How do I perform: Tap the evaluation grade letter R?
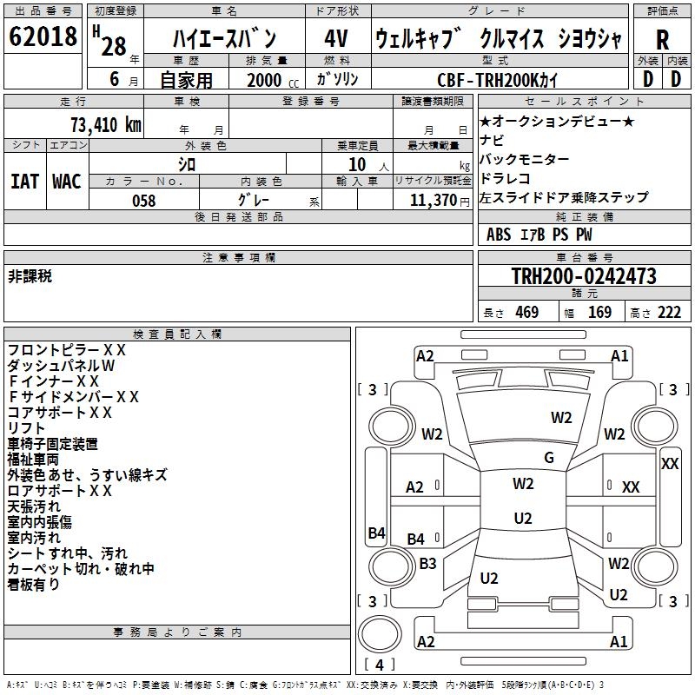(662, 40)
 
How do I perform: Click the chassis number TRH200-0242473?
(583, 276)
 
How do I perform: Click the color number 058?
(143, 201)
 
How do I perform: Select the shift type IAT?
(24, 181)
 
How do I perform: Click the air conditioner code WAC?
(67, 181)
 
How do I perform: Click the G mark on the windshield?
(548, 457)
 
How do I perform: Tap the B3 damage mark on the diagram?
(427, 563)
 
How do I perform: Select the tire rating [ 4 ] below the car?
(380, 665)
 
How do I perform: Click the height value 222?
(668, 313)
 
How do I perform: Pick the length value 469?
(526, 313)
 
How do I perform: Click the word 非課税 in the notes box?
(30, 276)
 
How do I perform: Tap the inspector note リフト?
(26, 428)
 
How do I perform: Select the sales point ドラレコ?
(507, 178)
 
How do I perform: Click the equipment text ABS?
(499, 235)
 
